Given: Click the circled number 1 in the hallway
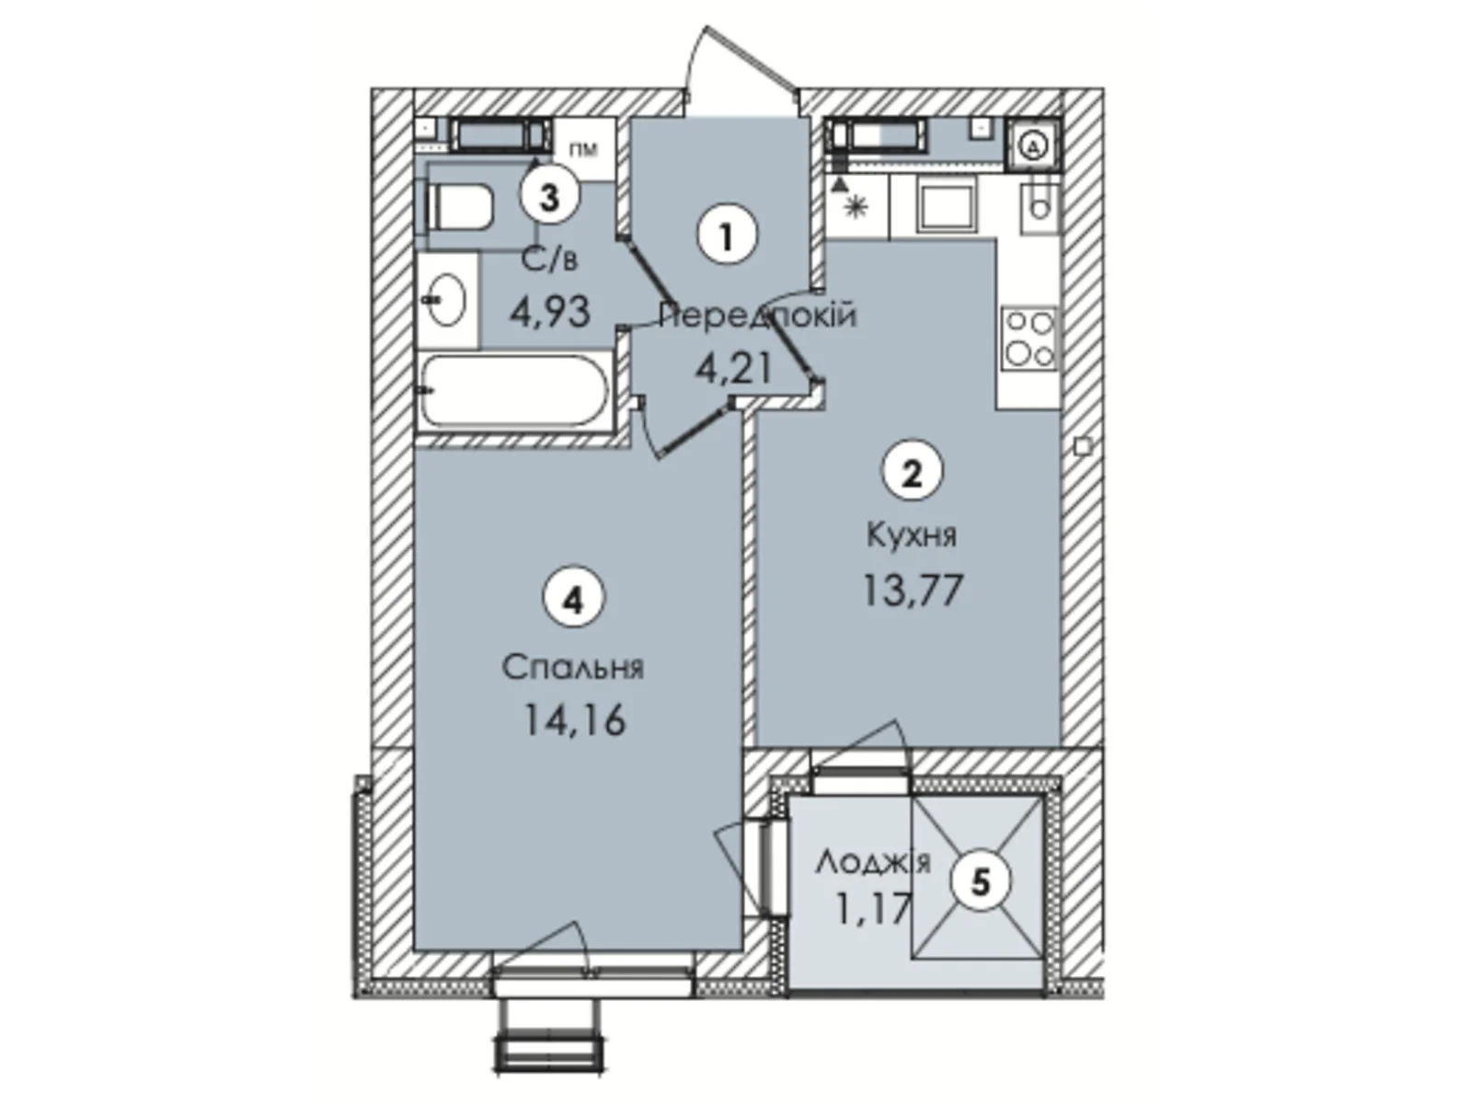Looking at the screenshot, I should pyautogui.click(x=727, y=236).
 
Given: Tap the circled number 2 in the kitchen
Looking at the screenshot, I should pyautogui.click(x=912, y=474).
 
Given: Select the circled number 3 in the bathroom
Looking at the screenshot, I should pyautogui.click(x=549, y=196).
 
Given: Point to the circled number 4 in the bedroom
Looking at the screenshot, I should pyautogui.click(x=574, y=601).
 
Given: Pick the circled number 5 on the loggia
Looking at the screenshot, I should pyautogui.click(x=981, y=882).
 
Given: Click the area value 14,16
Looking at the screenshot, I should pyautogui.click(x=574, y=719).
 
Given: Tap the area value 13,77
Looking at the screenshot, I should pyautogui.click(x=912, y=590).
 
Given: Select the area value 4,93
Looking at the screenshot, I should pyautogui.click(x=549, y=313).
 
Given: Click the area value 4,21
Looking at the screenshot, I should pyautogui.click(x=733, y=370).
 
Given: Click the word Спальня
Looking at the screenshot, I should pyautogui.click(x=573, y=667).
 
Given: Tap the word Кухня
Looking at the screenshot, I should pyautogui.click(x=912, y=535).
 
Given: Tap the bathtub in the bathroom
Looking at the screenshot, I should pyautogui.click(x=514, y=391).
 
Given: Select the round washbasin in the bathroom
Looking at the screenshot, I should pyautogui.click(x=447, y=299).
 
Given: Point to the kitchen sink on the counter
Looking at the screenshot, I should pyautogui.click(x=948, y=207).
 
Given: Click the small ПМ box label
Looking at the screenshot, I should pyautogui.click(x=583, y=148).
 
